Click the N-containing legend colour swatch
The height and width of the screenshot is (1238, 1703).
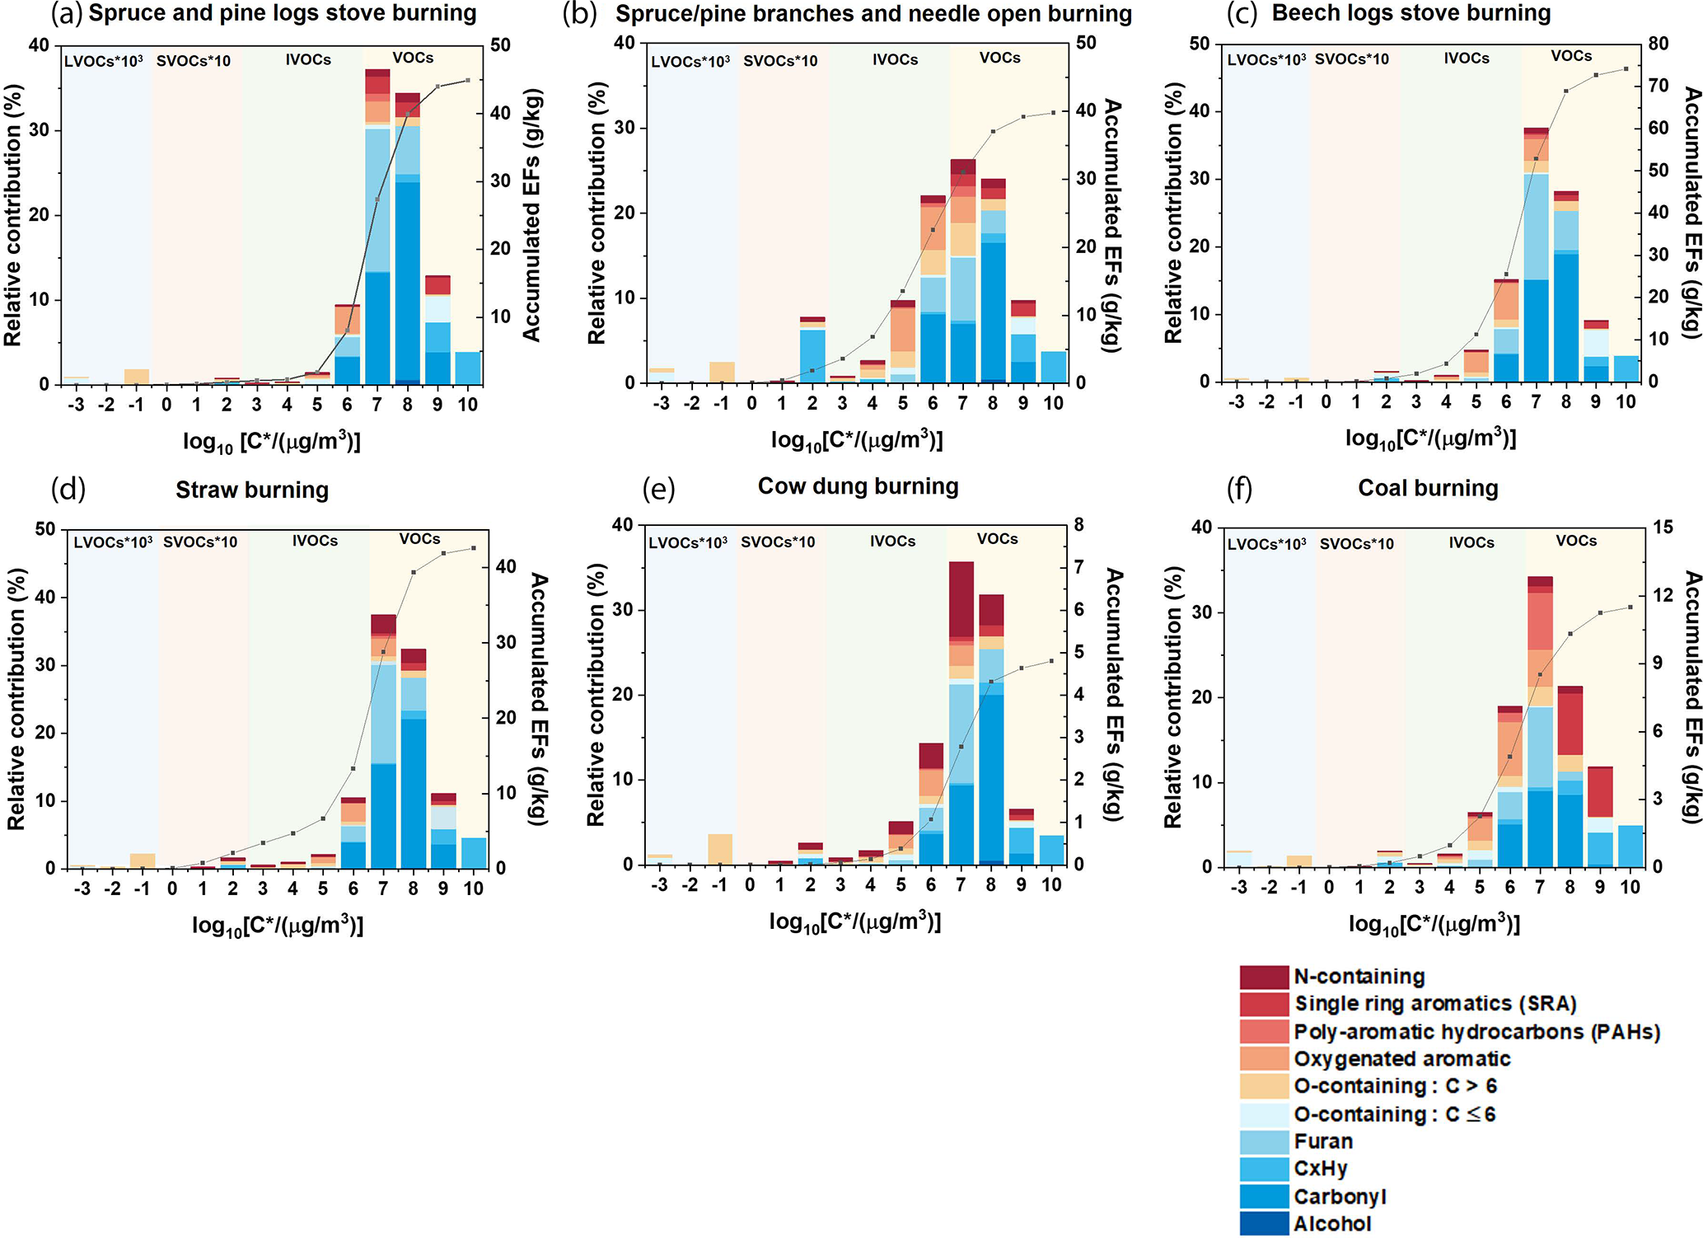[x=1263, y=977]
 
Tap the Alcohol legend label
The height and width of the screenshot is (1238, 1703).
[x=1331, y=1224]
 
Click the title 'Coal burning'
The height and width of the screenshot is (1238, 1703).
[x=1428, y=488]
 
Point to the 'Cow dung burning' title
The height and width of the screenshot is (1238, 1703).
[x=858, y=486]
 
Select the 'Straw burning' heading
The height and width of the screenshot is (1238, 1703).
[x=252, y=490]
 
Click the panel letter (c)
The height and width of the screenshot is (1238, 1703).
[x=1242, y=14]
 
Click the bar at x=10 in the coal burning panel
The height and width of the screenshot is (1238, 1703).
[x=1630, y=846]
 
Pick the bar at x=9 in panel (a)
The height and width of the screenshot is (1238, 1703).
[x=437, y=330]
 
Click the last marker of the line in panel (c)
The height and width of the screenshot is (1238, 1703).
[x=1626, y=69]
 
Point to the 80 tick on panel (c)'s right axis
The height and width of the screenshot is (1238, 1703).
[x=1658, y=43]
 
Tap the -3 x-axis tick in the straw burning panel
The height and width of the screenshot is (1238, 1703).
[x=81, y=889]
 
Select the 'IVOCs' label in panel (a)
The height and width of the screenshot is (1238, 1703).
[x=308, y=59]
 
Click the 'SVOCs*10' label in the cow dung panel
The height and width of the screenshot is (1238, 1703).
[x=777, y=542]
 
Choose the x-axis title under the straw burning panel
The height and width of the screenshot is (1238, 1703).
[x=278, y=926]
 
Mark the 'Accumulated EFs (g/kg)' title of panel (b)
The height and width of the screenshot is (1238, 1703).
[x=1112, y=226]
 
